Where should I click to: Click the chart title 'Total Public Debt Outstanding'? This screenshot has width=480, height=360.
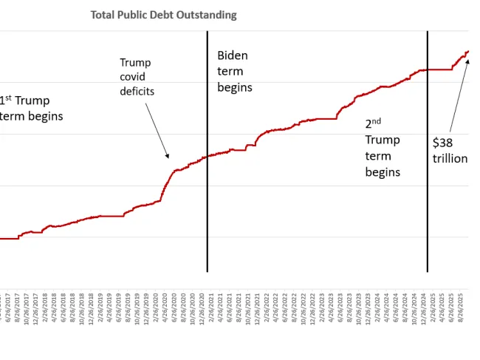[163, 15]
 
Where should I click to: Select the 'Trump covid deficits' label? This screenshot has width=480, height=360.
[137, 77]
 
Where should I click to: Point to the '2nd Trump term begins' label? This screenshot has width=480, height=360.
[383, 148]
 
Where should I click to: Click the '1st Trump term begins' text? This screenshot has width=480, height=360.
[31, 108]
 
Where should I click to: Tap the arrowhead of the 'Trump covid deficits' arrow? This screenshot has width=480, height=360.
[168, 156]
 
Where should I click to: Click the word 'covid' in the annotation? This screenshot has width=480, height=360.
[134, 78]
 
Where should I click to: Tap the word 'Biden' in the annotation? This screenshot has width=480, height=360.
[233, 55]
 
